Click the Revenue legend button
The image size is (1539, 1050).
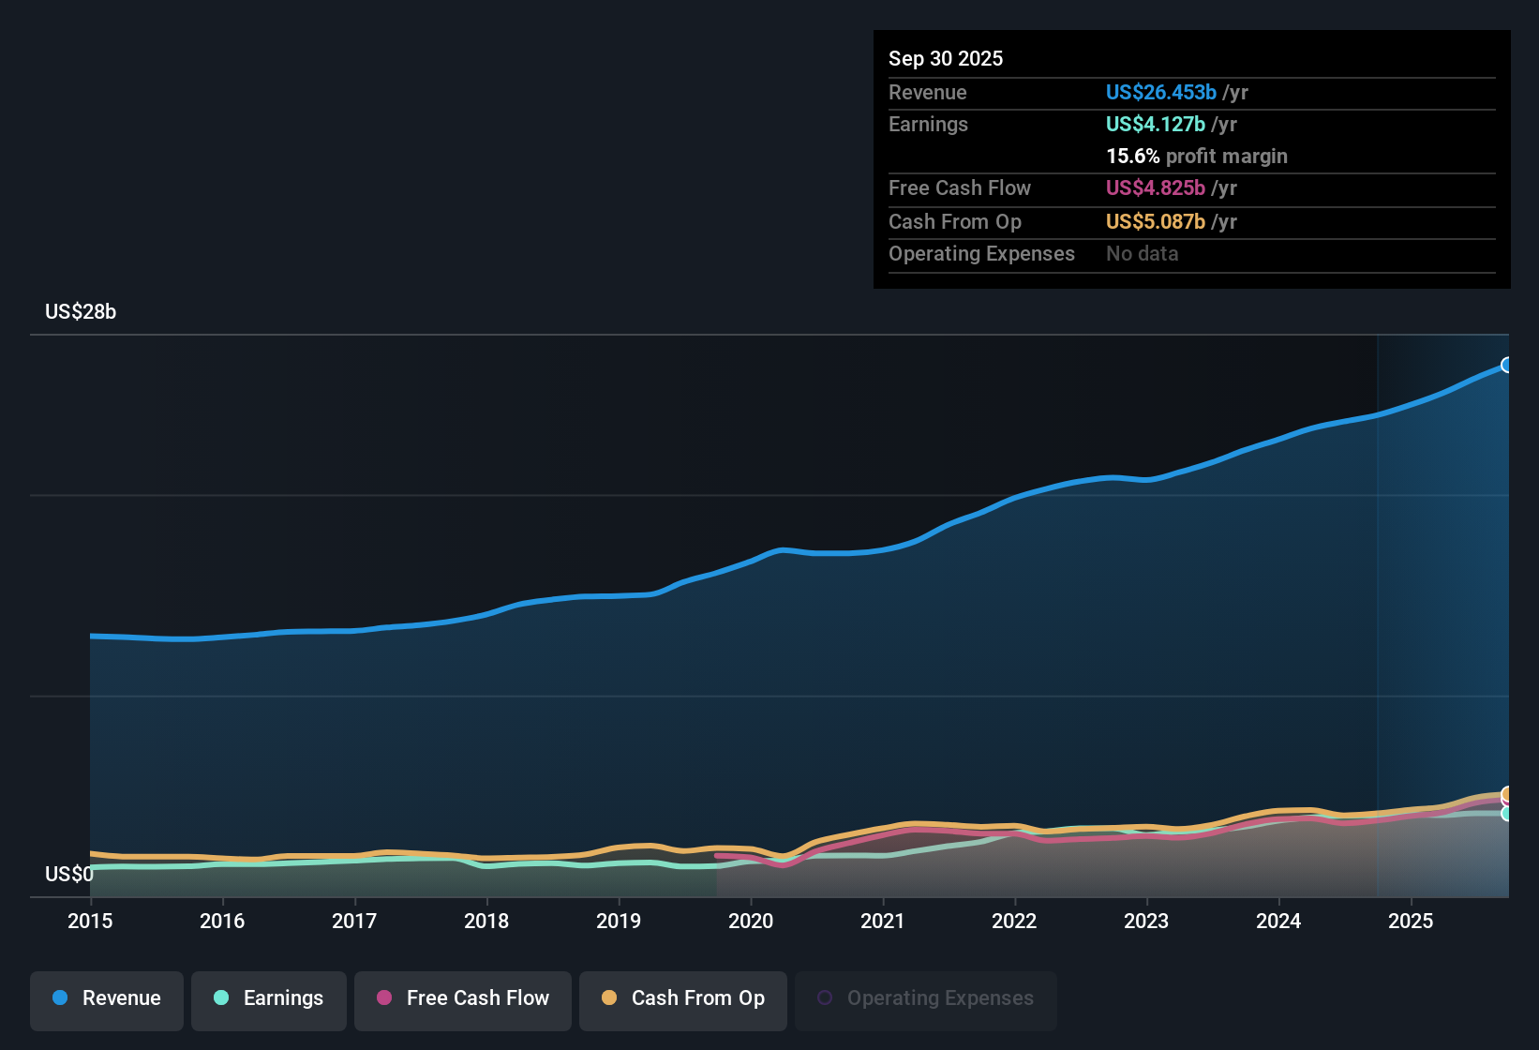tap(107, 998)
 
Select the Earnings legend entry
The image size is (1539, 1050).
tap(269, 998)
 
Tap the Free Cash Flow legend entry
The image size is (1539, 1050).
tap(463, 998)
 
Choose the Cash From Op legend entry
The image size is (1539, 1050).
tap(683, 998)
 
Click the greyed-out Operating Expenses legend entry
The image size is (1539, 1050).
tap(926, 998)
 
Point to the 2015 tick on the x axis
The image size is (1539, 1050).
tap(90, 921)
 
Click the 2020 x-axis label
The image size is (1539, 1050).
tap(751, 921)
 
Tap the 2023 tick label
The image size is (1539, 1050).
tap(1146, 921)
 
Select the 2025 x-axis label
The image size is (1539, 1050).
tap(1411, 921)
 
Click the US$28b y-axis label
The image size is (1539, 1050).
tap(81, 312)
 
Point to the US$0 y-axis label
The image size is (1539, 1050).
tap(68, 875)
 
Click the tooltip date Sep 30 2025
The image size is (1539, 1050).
tap(946, 59)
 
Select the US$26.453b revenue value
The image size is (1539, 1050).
tap(1160, 93)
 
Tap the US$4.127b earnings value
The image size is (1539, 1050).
tap(1155, 125)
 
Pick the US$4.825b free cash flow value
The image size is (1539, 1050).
tap(1155, 188)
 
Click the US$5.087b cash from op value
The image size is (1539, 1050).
tap(1155, 222)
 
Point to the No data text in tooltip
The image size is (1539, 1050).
tap(1142, 254)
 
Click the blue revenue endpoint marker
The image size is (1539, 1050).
tap(1506, 365)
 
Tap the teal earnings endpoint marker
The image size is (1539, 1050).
tap(1506, 814)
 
